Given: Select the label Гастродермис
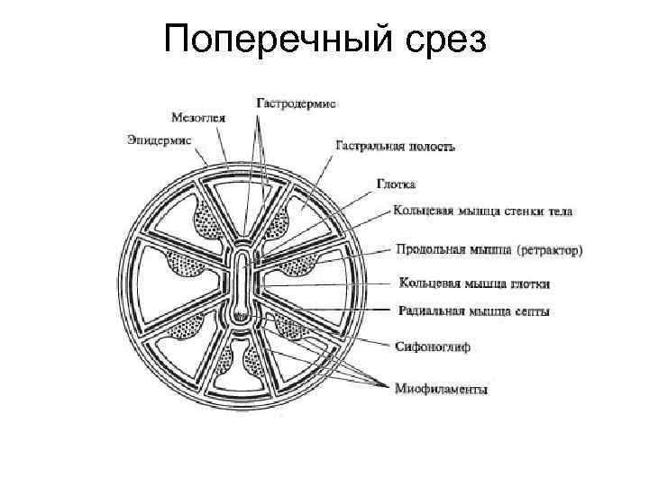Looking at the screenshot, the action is [x=297, y=103].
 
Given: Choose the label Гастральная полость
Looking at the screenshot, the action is [x=395, y=144].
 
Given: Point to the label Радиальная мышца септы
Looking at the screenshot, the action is [x=473, y=311].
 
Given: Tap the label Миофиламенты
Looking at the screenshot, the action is [x=442, y=389].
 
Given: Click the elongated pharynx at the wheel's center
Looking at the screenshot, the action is [x=242, y=283].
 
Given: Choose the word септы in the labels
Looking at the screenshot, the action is [x=530, y=311].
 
